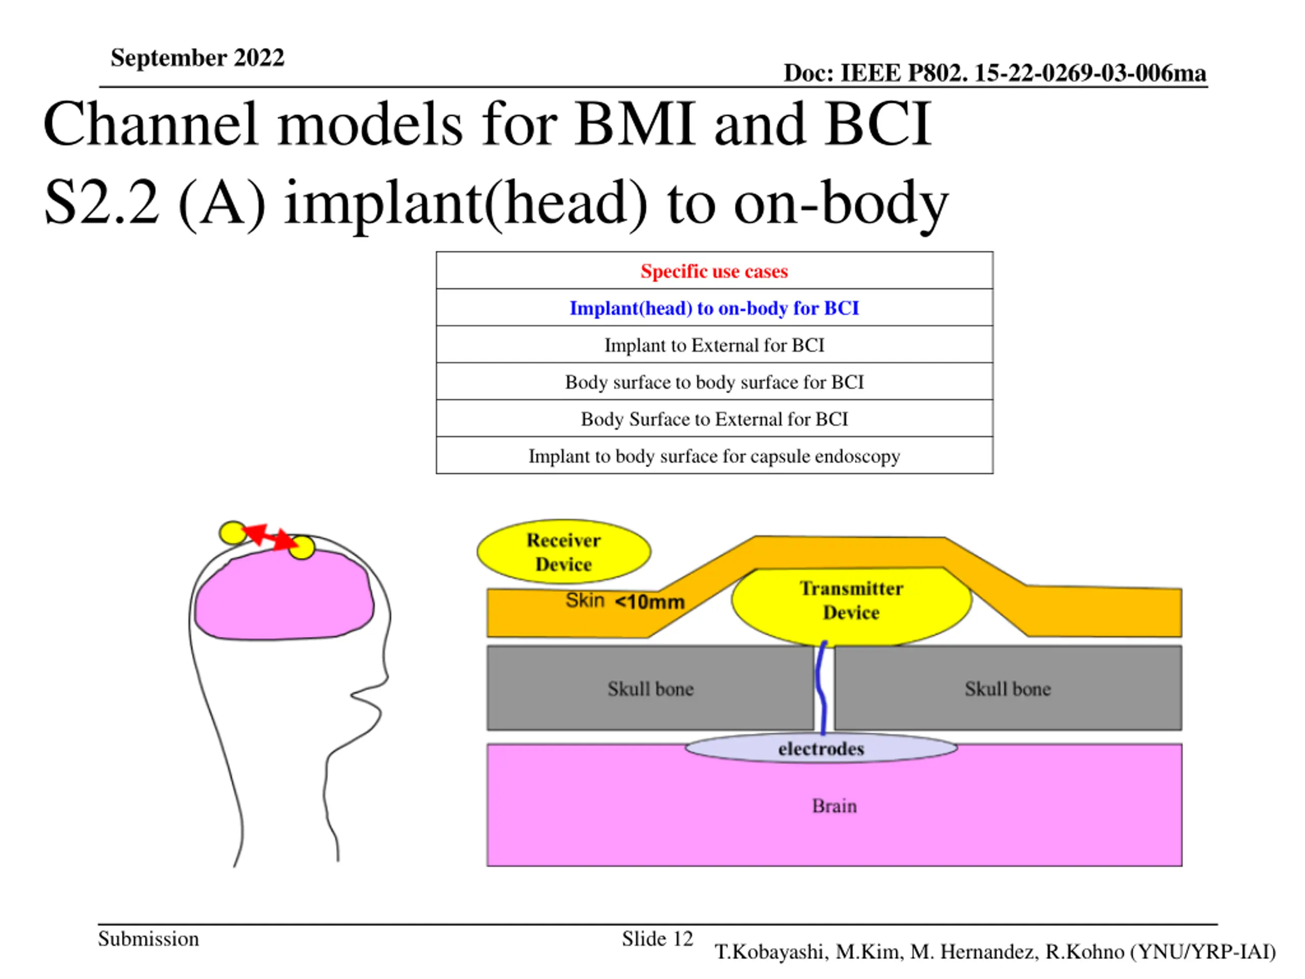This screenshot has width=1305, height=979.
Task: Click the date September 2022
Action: pos(197,58)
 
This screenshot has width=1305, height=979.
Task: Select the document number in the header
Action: pos(994,73)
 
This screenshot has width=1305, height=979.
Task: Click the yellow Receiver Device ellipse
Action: pos(563,551)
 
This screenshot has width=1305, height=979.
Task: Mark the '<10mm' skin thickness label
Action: pos(649,602)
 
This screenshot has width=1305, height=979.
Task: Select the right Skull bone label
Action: pos(1008,689)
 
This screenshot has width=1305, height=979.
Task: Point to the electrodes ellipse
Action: pos(821,748)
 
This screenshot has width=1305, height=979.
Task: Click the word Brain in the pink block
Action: pos(834,806)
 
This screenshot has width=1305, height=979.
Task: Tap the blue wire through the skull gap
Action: pos(820,688)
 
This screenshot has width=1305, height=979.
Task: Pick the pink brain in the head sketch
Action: pos(284,595)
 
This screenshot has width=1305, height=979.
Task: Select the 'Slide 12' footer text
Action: pos(657,938)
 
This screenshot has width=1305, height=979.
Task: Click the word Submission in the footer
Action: pos(148,938)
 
